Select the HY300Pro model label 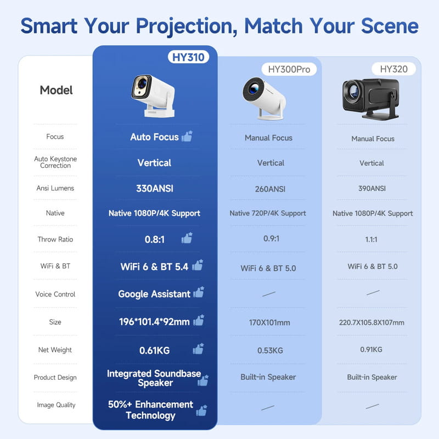coord(289,69)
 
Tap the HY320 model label coord(394,69)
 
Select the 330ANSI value coord(155,188)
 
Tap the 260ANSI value coord(271,189)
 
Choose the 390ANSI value coord(373,188)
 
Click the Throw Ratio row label coord(55,239)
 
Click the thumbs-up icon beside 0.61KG coord(198,348)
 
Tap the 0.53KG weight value coord(270,350)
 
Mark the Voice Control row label coord(55,294)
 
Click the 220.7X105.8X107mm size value coord(372,323)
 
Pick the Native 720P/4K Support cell coord(268,213)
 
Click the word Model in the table coord(56,90)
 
